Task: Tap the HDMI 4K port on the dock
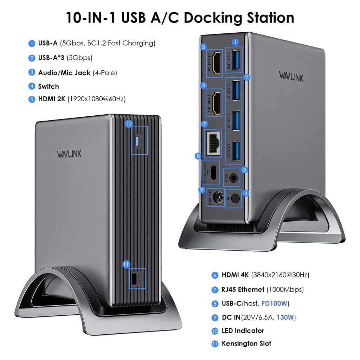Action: click(217, 103)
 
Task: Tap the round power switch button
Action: click(236, 199)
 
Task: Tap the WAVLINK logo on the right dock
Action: click(291, 76)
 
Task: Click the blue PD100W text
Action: click(275, 303)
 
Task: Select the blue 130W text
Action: click(285, 317)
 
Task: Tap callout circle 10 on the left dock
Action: click(128, 123)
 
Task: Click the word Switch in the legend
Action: click(49, 86)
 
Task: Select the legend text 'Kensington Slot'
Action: click(246, 343)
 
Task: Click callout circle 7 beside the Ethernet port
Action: click(205, 124)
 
